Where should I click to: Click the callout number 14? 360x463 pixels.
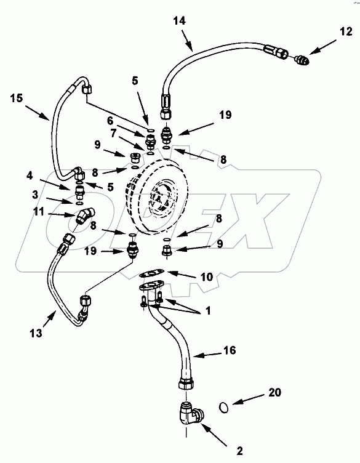click(x=180, y=21)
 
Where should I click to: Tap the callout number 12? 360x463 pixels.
click(x=346, y=31)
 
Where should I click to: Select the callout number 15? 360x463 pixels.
click(x=17, y=98)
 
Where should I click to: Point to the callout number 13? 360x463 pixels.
click(x=36, y=333)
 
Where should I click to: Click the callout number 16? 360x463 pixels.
click(x=230, y=350)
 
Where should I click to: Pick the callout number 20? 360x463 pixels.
click(x=274, y=392)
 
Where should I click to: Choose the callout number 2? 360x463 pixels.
click(x=239, y=451)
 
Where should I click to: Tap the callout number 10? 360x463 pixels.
click(x=207, y=276)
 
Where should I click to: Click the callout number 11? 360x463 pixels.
click(x=39, y=211)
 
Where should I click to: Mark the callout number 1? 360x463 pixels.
click(x=209, y=311)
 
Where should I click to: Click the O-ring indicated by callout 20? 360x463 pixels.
click(x=224, y=408)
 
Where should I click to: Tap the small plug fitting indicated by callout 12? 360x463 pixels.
click(x=302, y=60)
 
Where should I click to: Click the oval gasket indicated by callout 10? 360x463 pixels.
click(x=151, y=273)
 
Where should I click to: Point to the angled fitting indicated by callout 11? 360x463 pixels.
click(x=85, y=215)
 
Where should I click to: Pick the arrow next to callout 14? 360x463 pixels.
click(x=186, y=42)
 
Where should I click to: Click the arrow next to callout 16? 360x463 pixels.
click(x=208, y=355)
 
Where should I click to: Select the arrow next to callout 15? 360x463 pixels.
click(x=37, y=112)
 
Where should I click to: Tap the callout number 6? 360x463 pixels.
click(x=110, y=121)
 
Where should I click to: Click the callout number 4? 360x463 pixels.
click(x=30, y=175)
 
